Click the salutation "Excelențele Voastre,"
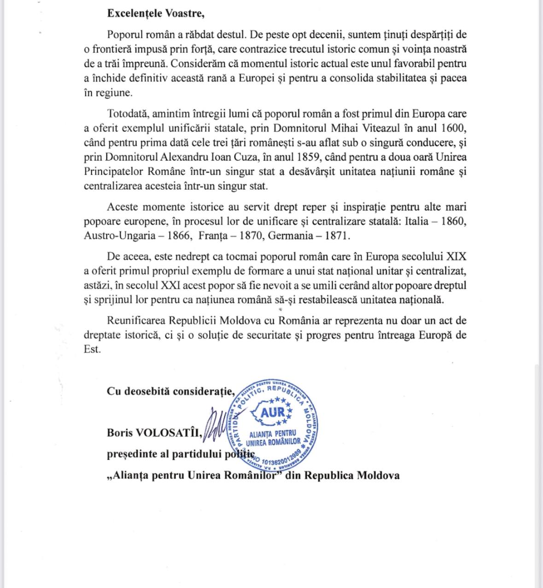156,13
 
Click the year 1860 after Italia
454,221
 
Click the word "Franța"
213,236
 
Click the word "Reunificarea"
136,320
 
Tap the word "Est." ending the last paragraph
92,349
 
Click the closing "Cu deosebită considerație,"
171,391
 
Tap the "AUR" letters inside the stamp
273,412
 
